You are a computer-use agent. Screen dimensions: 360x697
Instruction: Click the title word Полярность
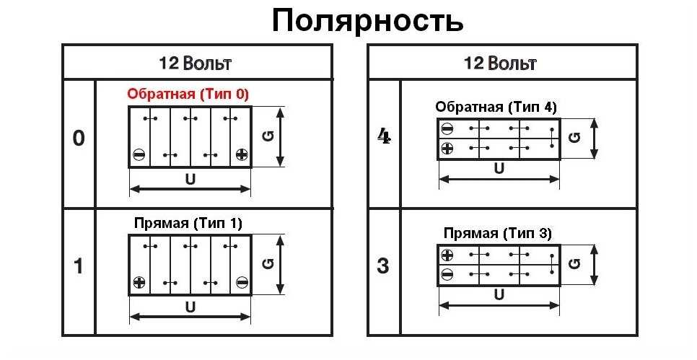click(x=367, y=21)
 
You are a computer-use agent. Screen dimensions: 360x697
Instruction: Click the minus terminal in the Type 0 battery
click(x=139, y=154)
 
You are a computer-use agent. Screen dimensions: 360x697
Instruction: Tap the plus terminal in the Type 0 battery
click(x=242, y=154)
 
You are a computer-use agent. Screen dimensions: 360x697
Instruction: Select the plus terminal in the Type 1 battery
click(x=139, y=282)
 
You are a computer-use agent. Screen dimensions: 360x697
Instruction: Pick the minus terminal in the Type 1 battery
click(x=242, y=282)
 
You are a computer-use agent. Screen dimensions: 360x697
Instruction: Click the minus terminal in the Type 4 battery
click(x=447, y=129)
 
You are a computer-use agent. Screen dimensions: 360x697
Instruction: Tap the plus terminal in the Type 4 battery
click(x=447, y=148)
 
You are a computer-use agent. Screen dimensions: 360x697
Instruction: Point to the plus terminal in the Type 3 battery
click(x=447, y=255)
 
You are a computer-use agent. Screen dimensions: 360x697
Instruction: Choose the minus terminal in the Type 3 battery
click(x=447, y=273)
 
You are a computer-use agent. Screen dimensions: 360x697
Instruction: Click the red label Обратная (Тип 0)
click(x=188, y=94)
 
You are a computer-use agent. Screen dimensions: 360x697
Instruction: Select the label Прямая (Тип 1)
click(x=188, y=223)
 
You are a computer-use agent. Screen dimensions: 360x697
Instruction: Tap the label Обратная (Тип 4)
click(x=496, y=107)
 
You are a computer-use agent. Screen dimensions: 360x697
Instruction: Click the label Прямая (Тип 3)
click(x=498, y=233)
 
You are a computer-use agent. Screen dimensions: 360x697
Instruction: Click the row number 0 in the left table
click(x=79, y=139)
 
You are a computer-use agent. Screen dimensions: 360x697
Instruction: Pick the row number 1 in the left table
click(x=79, y=266)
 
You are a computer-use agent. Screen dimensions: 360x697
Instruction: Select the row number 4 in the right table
click(x=384, y=136)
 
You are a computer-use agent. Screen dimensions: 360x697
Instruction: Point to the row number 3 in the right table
click(x=383, y=265)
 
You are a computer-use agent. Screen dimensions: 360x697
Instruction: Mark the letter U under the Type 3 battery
click(x=499, y=294)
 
